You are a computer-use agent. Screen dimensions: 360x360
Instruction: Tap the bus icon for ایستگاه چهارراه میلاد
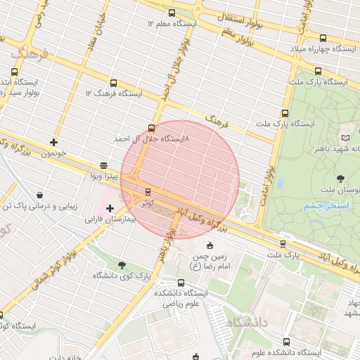pyautogui.click(x=323, y=39)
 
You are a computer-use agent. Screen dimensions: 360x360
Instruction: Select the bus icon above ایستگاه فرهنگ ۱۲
pyautogui.click(x=114, y=84)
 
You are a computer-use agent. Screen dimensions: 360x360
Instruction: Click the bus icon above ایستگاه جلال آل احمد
pyautogui.click(x=151, y=129)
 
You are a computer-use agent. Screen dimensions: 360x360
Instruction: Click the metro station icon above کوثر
pyautogui.click(x=148, y=191)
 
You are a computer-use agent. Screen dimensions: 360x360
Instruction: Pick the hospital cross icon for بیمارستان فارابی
pyautogui.click(x=110, y=208)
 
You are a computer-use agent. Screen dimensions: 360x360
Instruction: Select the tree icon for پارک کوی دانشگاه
pyautogui.click(x=122, y=265)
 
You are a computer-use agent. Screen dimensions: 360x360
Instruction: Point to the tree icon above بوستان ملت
pyautogui.click(x=341, y=178)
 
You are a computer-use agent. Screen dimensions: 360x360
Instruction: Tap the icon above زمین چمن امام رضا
pyautogui.click(x=210, y=246)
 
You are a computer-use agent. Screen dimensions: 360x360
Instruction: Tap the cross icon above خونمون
pyautogui.click(x=54, y=143)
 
